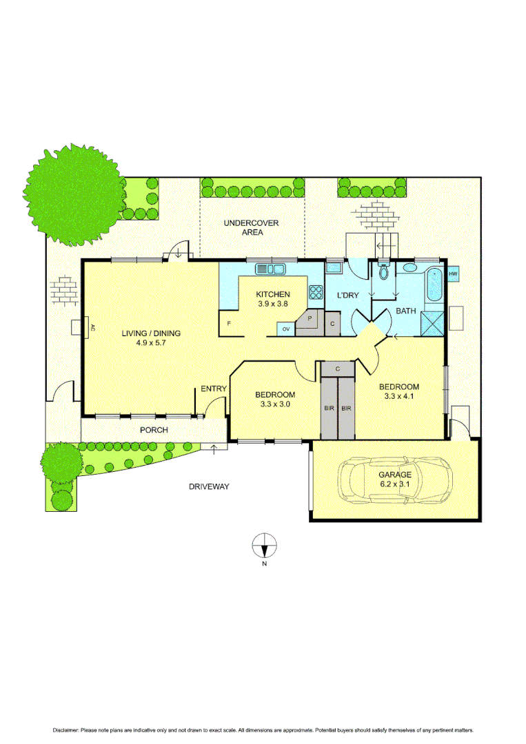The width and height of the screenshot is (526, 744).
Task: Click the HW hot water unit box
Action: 453,275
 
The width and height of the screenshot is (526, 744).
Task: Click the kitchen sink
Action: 268,269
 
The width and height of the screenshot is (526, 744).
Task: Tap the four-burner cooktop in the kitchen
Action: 316,292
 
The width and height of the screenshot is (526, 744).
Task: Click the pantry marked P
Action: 309,320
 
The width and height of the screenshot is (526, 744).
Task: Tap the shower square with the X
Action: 434,322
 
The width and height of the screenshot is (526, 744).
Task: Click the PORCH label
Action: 154,430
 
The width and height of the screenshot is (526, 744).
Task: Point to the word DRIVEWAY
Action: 209,486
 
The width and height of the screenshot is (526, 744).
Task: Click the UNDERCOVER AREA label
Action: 243,227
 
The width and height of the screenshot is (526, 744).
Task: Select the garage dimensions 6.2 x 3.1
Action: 394,484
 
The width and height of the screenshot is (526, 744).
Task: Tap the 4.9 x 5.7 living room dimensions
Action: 151,343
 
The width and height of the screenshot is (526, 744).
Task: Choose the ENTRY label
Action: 214,389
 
